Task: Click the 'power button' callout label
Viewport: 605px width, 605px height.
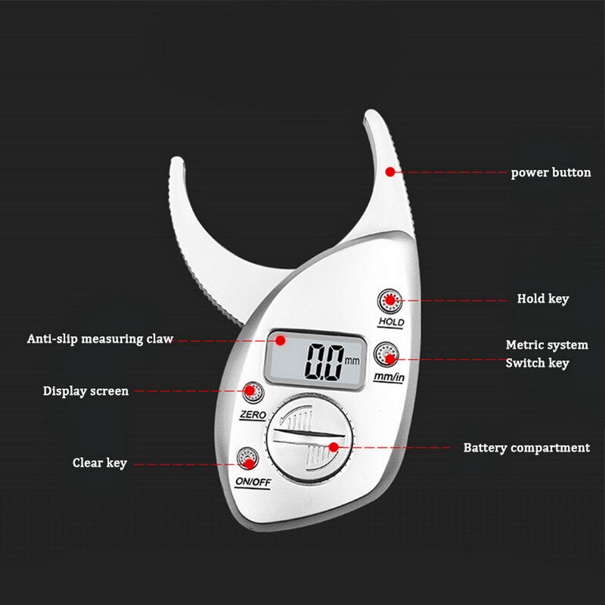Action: (551, 172)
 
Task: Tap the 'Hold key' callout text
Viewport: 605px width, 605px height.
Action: (543, 299)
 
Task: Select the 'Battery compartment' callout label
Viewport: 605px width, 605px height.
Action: (526, 448)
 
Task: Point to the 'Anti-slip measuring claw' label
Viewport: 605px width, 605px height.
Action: (101, 339)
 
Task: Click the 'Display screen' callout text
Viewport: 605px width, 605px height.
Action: (85, 391)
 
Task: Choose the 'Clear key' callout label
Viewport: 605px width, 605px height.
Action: (100, 463)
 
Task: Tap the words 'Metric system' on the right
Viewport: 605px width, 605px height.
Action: (547, 345)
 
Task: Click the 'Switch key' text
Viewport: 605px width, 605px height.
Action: (537, 363)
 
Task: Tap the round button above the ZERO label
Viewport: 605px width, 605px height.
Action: (253, 392)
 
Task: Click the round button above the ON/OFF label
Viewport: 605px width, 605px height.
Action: (247, 458)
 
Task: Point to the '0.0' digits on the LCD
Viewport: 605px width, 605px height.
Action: (324, 362)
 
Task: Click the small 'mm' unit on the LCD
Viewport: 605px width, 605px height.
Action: (352, 361)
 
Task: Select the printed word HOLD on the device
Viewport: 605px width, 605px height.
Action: (391, 322)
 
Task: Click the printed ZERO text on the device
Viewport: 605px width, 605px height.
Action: (253, 414)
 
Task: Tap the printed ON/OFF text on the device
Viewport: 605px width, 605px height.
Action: (253, 482)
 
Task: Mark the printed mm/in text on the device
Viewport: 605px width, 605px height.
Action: (389, 376)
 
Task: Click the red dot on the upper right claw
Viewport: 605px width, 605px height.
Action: (390, 172)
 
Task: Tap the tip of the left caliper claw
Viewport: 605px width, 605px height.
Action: (177, 159)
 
